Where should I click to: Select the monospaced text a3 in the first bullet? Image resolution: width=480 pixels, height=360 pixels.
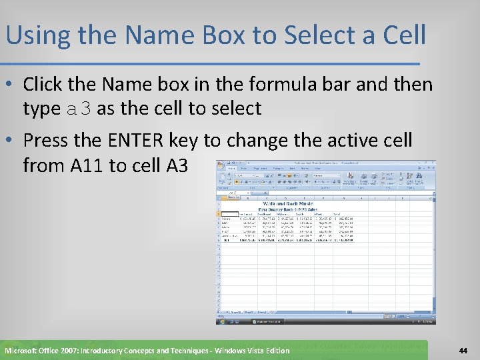79,109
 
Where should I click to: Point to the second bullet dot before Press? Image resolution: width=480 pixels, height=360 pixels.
11,141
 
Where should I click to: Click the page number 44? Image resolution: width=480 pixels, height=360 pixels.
463,351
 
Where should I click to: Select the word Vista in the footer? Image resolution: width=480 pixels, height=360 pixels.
250,351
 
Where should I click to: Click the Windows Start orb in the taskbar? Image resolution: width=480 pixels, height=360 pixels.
219,321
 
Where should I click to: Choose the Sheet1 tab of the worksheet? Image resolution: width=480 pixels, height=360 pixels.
235,311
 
